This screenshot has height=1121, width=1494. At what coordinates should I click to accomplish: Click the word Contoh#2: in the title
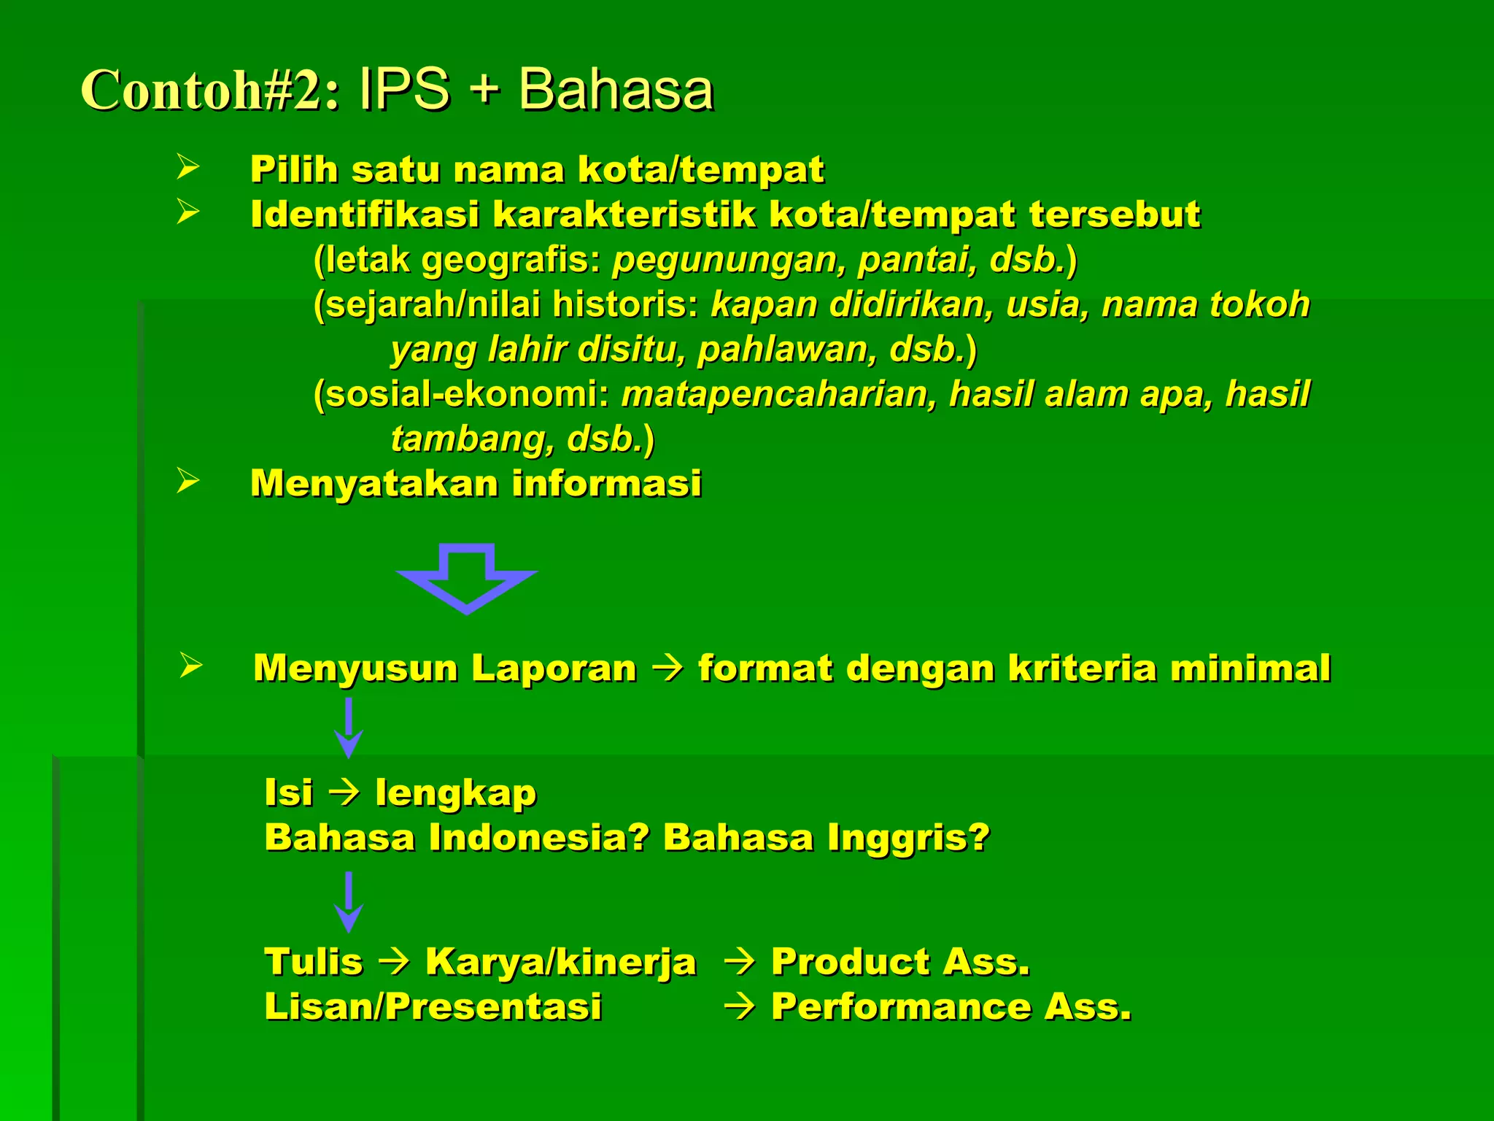tap(210, 90)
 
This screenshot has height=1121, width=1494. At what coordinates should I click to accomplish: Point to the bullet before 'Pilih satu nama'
tap(187, 167)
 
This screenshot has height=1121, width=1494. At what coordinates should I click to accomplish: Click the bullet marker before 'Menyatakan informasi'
tap(187, 481)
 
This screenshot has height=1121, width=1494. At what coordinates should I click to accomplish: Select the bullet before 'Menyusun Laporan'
tap(190, 666)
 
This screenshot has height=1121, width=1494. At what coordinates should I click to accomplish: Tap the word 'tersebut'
tap(1114, 215)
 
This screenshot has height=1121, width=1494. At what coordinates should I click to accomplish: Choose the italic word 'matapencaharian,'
tap(778, 394)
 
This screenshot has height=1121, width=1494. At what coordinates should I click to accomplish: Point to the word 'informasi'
tap(606, 483)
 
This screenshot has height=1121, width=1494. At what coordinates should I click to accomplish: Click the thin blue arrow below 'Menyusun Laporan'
tap(349, 728)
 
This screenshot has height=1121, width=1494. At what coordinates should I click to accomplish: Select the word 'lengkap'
tap(456, 793)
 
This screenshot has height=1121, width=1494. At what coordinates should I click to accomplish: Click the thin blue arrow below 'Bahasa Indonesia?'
tap(349, 902)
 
